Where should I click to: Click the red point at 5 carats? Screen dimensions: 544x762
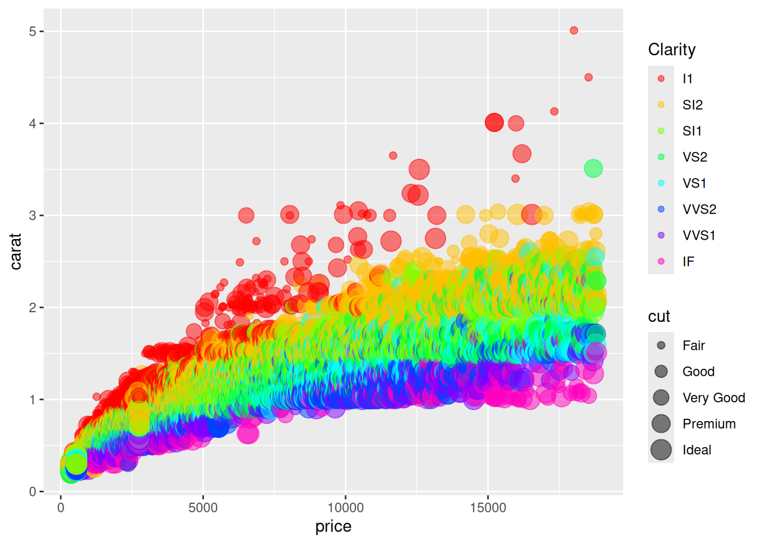click(x=574, y=31)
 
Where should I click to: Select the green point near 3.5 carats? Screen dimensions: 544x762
click(x=593, y=168)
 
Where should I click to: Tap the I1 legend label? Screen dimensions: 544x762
click(x=687, y=79)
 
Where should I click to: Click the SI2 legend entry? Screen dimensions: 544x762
click(x=692, y=105)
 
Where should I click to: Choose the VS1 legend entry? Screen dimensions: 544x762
click(x=694, y=183)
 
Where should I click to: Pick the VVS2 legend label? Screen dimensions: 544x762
click(x=699, y=209)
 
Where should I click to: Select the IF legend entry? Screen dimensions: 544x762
click(x=688, y=261)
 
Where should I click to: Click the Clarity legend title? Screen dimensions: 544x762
click(x=672, y=50)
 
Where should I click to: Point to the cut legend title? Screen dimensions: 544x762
click(x=659, y=316)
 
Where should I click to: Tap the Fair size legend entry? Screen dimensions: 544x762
click(x=693, y=345)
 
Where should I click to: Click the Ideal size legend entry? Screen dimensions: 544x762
click(x=696, y=450)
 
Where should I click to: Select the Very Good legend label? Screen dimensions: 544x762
click(x=713, y=398)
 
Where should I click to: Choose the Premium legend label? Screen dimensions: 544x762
click(x=709, y=424)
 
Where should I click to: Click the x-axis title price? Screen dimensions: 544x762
click(x=333, y=526)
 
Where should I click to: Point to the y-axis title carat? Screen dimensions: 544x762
click(x=16, y=251)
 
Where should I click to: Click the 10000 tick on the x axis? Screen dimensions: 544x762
click(x=345, y=508)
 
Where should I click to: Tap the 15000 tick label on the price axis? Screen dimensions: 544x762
click(x=488, y=508)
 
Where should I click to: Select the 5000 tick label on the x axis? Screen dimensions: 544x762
click(x=203, y=508)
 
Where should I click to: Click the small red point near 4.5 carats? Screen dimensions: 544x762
click(x=589, y=77)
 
